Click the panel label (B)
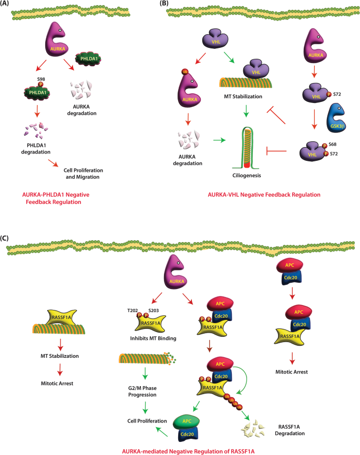[x=165, y=4]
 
